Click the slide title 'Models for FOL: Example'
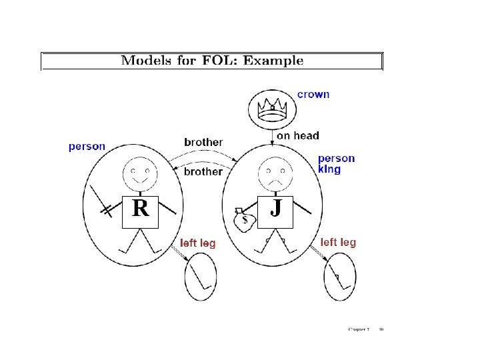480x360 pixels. [x=212, y=61]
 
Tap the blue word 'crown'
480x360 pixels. [x=313, y=95]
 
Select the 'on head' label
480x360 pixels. [x=297, y=136]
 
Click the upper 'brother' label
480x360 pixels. [x=203, y=142]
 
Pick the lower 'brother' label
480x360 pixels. [x=203, y=172]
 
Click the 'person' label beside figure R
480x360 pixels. [x=87, y=147]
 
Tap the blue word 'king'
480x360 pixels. [x=329, y=169]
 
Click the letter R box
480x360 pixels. [x=140, y=209]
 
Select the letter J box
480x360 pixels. [x=275, y=209]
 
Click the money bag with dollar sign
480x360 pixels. [x=243, y=220]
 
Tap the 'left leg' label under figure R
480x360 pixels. [x=198, y=243]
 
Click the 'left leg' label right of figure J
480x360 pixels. [x=338, y=243]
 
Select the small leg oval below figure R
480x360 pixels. [x=201, y=277]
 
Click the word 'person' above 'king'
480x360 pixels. [x=336, y=159]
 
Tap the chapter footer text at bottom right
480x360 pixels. [x=367, y=329]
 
